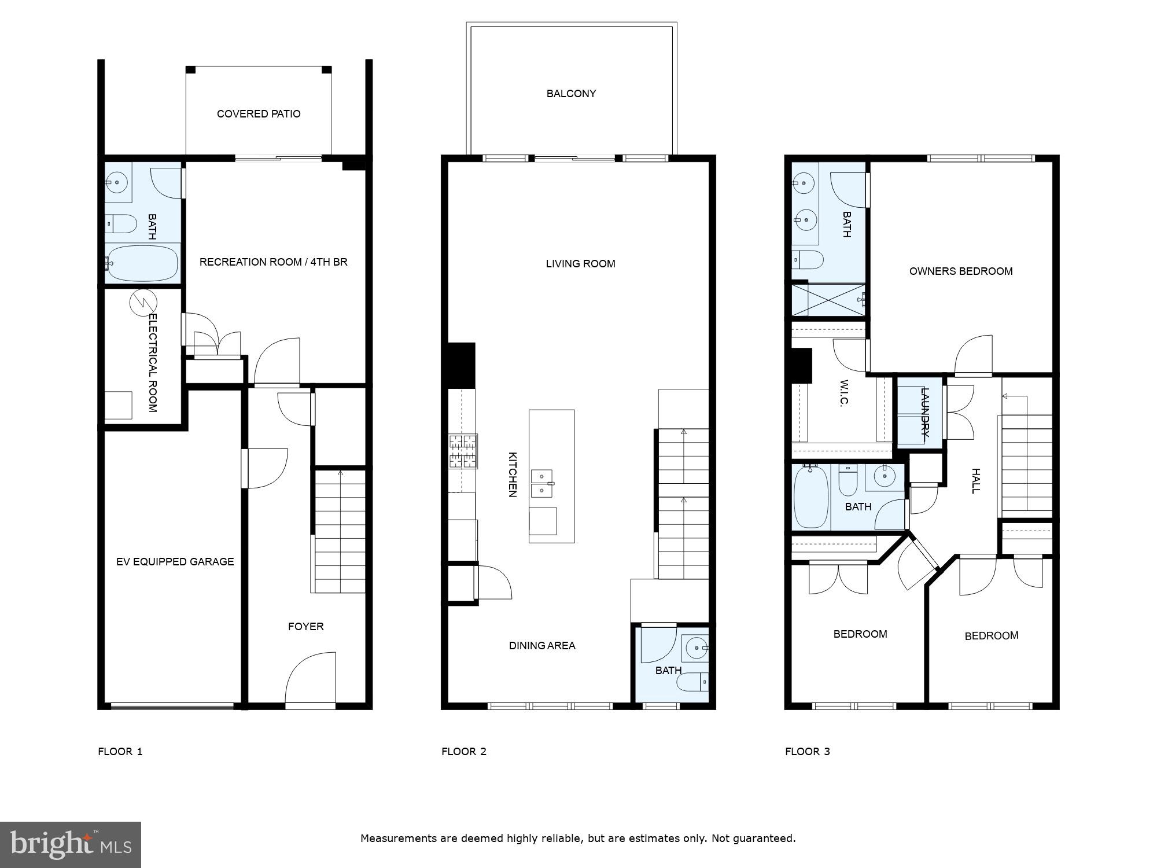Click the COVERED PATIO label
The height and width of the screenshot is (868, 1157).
click(x=259, y=114)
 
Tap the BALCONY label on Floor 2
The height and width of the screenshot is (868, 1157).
click(x=571, y=94)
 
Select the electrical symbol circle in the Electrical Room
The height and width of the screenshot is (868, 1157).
click(x=143, y=303)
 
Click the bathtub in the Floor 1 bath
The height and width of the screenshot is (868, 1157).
click(x=142, y=263)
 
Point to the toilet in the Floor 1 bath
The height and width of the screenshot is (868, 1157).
click(x=120, y=223)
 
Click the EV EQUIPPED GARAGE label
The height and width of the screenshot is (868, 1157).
click(x=175, y=562)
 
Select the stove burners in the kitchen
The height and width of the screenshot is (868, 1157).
click(x=463, y=451)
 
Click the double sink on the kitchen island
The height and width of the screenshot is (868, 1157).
click(x=542, y=483)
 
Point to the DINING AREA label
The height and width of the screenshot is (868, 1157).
click(x=542, y=646)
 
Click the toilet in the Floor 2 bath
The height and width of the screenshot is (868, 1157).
click(x=693, y=682)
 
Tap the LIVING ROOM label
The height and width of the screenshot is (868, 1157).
click(x=580, y=264)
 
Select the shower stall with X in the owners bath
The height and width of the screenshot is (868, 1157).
click(x=828, y=300)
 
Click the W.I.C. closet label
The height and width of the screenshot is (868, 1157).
click(x=843, y=393)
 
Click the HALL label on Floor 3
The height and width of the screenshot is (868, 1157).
click(x=975, y=481)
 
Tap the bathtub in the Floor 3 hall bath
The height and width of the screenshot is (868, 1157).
click(x=811, y=497)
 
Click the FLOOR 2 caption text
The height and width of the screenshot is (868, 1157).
click(x=463, y=752)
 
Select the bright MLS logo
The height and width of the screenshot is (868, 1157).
click(x=71, y=845)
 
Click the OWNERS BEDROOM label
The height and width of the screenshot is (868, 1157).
click(x=960, y=271)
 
